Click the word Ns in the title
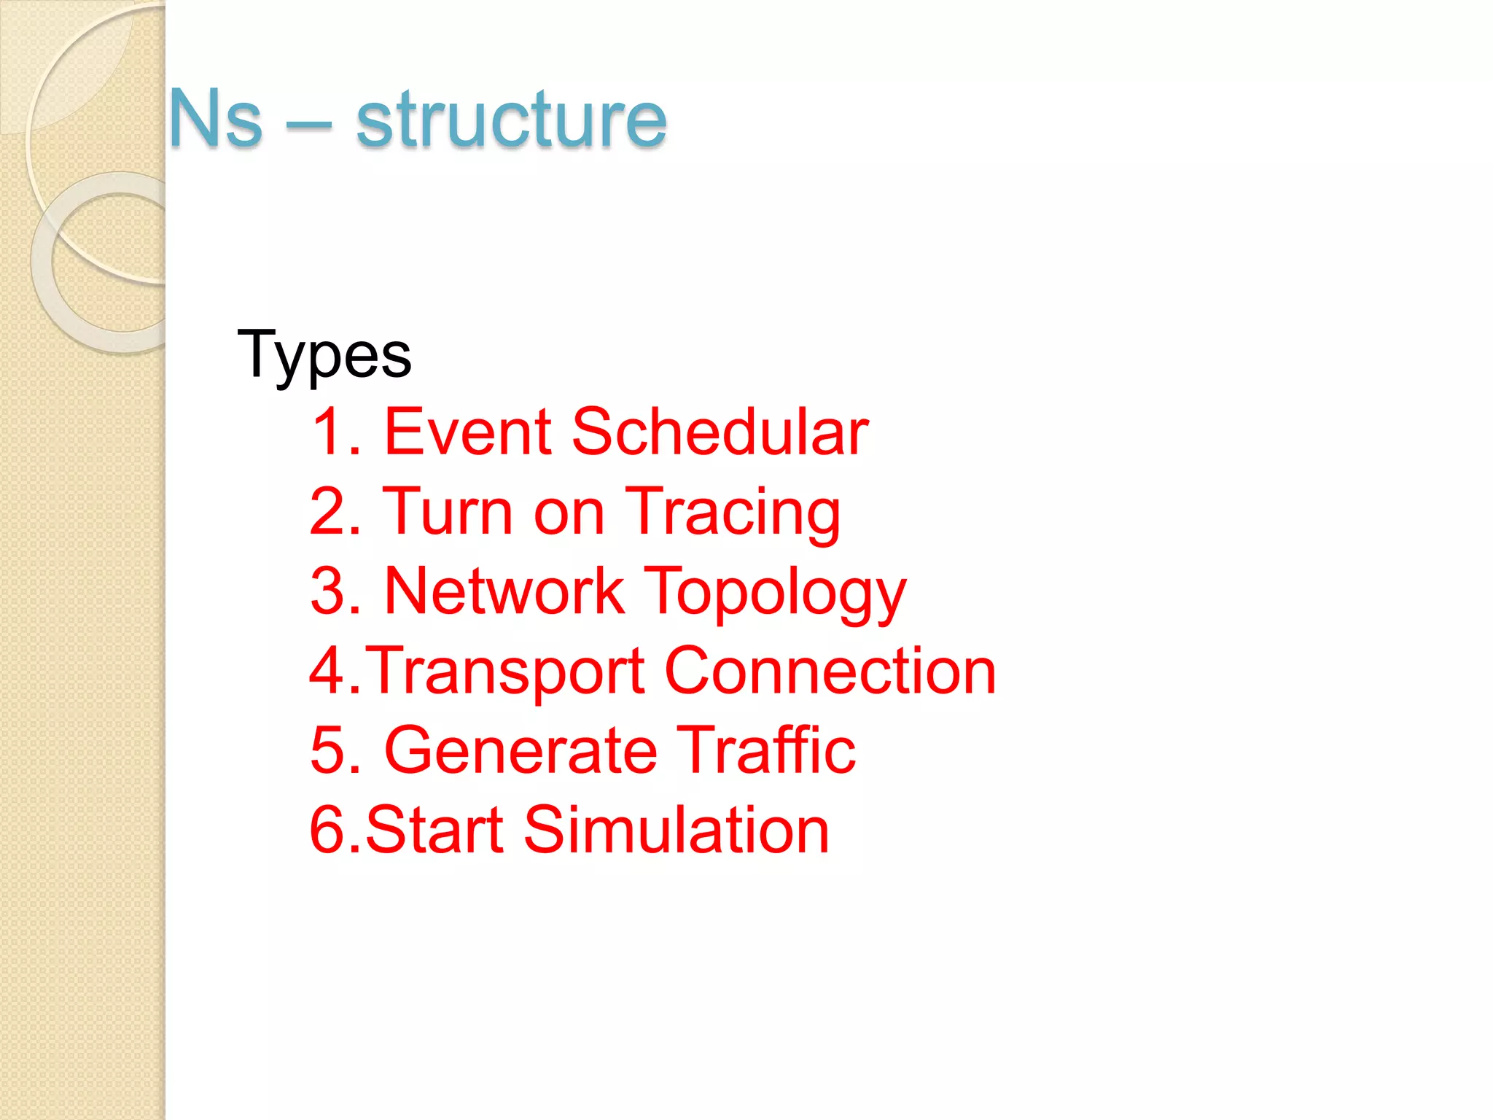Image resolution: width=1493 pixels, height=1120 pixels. [216, 118]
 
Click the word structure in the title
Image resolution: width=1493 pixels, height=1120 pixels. [511, 118]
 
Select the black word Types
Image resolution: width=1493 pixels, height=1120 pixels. [324, 355]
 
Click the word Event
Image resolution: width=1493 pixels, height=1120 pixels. [467, 432]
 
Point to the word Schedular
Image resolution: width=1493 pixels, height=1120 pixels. [720, 432]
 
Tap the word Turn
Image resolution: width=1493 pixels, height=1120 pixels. [448, 512]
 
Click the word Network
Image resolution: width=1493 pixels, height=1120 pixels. [504, 591]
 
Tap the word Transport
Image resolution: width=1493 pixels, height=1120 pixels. [504, 672]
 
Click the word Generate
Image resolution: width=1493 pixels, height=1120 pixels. [521, 750]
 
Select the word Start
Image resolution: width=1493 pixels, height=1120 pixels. [434, 830]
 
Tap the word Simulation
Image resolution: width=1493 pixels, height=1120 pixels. [676, 830]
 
